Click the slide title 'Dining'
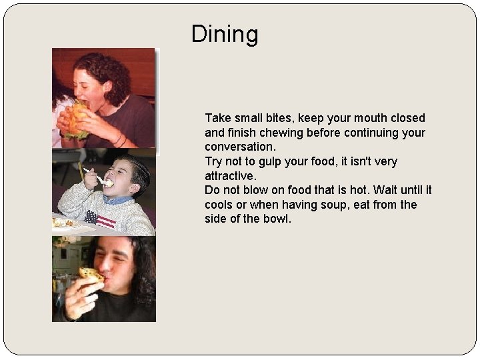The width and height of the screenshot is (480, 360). pos(224,34)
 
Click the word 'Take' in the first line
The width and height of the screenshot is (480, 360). pos(218,118)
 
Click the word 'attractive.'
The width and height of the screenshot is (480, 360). pos(230,176)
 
